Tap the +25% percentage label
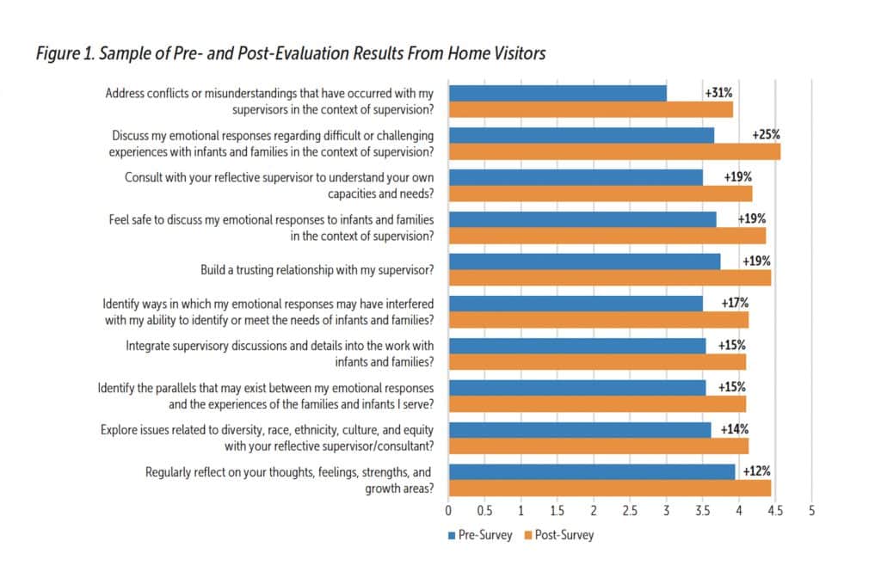click(766, 135)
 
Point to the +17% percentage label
click(735, 303)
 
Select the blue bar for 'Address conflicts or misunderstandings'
click(558, 93)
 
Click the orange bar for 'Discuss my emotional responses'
click(614, 152)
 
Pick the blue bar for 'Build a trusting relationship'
click(584, 261)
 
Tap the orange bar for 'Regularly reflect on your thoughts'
click(609, 489)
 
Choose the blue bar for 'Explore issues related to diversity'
click(580, 429)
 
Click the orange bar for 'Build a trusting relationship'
click(609, 278)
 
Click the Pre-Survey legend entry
click(480, 535)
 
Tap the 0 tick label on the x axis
click(448, 510)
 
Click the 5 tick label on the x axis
click(811, 510)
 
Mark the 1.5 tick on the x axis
click(558, 510)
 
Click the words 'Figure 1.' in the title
click(65, 54)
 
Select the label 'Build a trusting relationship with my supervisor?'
click(316, 270)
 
